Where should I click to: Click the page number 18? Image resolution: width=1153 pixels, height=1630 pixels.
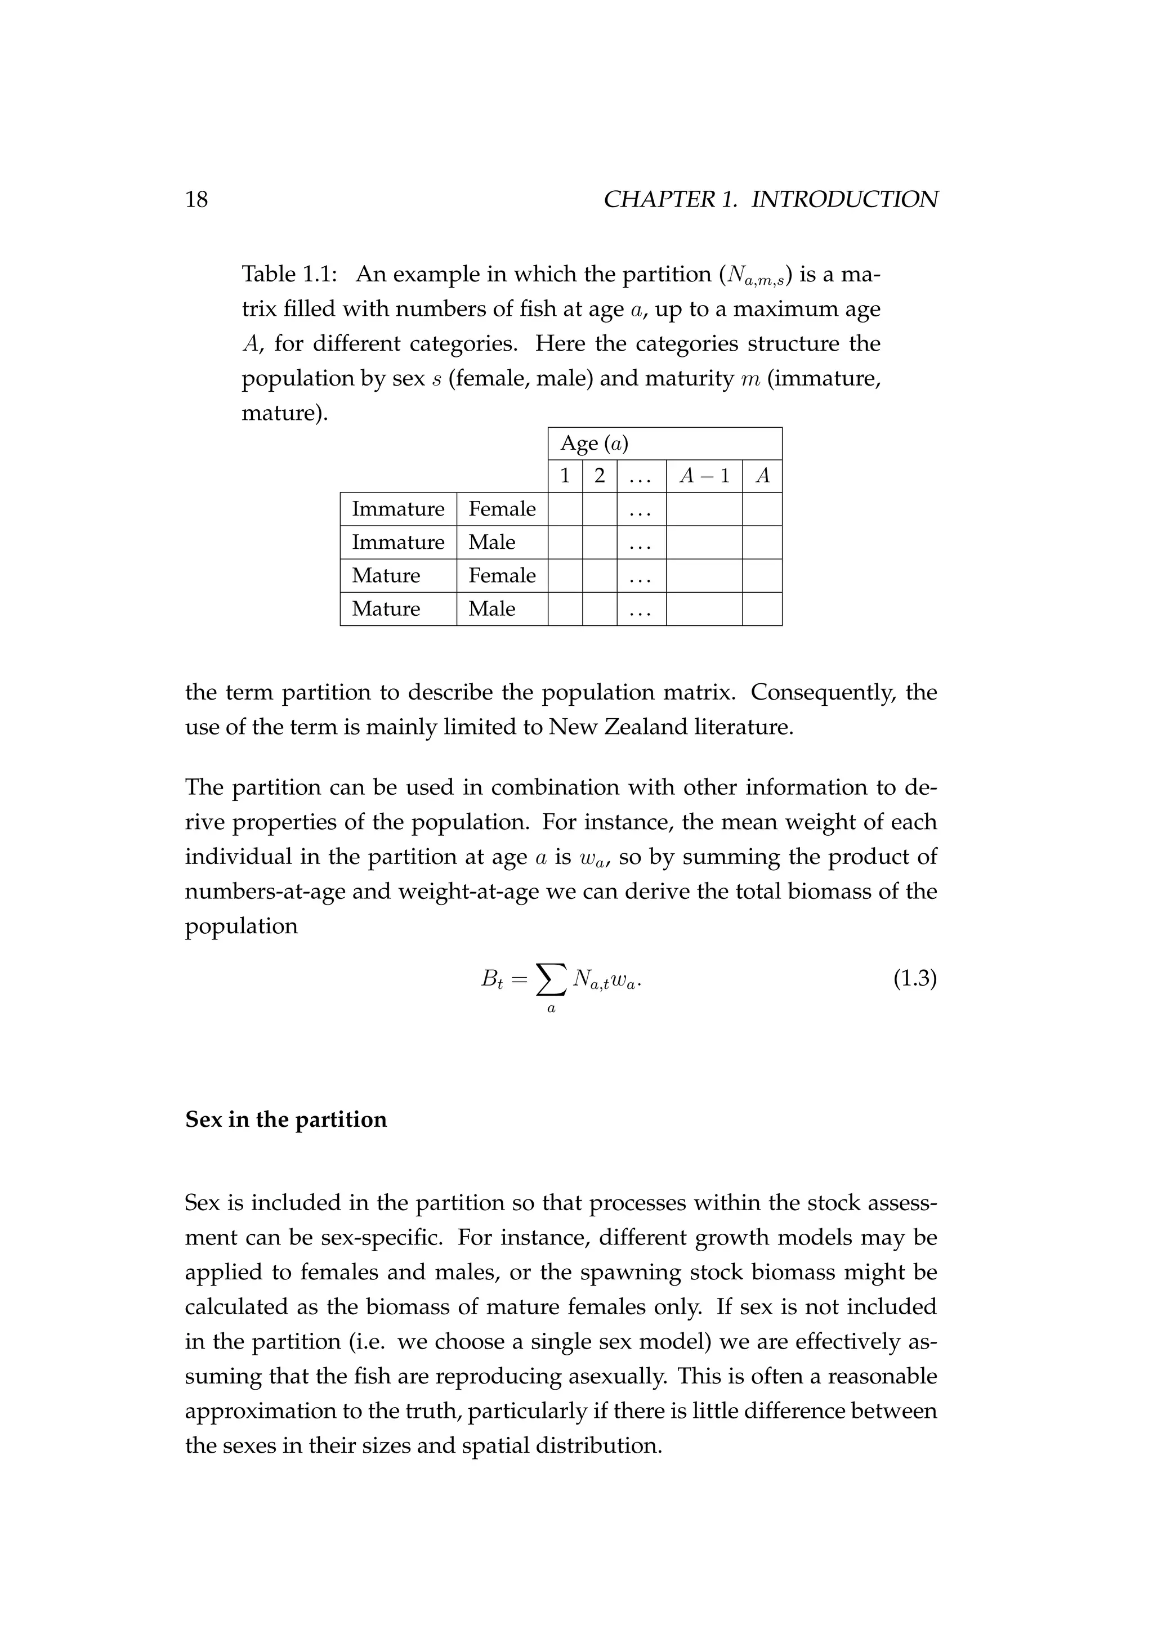click(x=196, y=199)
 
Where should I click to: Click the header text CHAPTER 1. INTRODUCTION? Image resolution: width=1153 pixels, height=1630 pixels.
click(x=770, y=199)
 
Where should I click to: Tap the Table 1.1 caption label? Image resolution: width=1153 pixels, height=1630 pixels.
click(x=288, y=274)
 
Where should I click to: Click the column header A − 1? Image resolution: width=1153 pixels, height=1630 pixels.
click(x=704, y=476)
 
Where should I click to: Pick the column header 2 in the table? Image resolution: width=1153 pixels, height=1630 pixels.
click(x=599, y=476)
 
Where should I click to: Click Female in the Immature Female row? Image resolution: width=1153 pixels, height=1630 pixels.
click(x=502, y=509)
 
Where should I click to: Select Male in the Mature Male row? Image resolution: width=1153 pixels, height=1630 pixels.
click(x=491, y=608)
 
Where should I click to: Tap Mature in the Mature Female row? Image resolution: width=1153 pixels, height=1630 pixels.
click(x=386, y=575)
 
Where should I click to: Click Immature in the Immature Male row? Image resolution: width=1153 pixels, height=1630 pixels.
click(x=397, y=543)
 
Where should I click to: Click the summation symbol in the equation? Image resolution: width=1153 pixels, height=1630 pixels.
click(x=551, y=980)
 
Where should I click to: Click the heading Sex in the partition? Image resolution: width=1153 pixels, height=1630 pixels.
click(x=285, y=1119)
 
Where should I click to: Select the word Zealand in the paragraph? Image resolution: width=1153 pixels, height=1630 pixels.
click(x=645, y=727)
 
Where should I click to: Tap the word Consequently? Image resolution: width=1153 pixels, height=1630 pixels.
click(x=820, y=692)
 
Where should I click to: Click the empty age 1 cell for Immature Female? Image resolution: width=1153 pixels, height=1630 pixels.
click(x=565, y=509)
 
